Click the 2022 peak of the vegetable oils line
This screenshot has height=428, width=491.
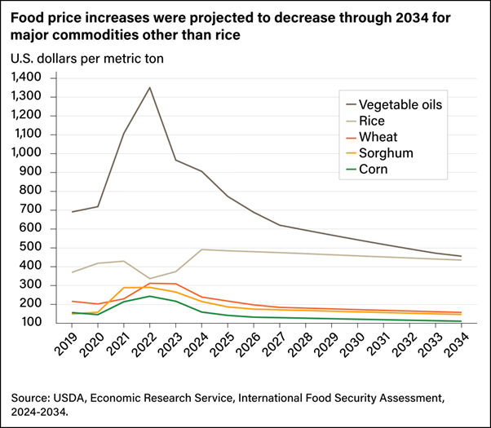coord(149,87)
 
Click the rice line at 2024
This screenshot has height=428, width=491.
coord(201,249)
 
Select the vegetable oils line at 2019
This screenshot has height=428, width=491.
coord(73,212)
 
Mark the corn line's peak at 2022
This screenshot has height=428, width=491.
coord(149,296)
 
